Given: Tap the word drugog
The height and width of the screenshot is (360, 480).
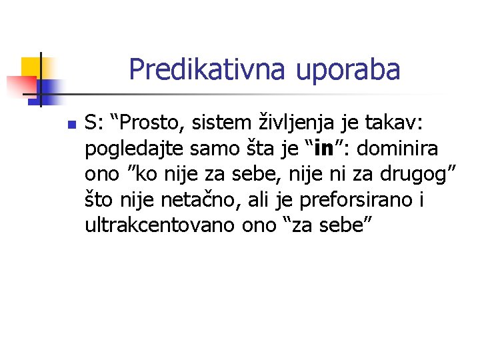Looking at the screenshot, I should (x=413, y=175).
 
